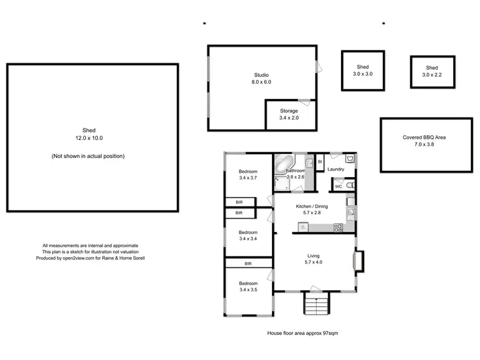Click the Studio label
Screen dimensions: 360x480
coord(262,75)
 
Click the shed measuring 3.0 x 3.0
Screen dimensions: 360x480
coord(362,70)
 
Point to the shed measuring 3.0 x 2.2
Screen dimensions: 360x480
coord(432,71)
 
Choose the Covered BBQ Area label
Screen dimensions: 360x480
coord(425,141)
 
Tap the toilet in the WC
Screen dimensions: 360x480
coord(348,185)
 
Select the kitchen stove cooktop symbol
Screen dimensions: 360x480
coord(338,227)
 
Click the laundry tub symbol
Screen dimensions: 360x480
coord(349,158)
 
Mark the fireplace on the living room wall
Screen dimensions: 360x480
coord(359,261)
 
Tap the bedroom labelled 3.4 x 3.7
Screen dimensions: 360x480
coord(248,175)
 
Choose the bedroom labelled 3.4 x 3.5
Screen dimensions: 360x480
coord(248,286)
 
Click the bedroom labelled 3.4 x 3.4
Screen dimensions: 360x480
coord(248,235)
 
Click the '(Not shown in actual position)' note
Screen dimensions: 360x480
coord(88,156)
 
